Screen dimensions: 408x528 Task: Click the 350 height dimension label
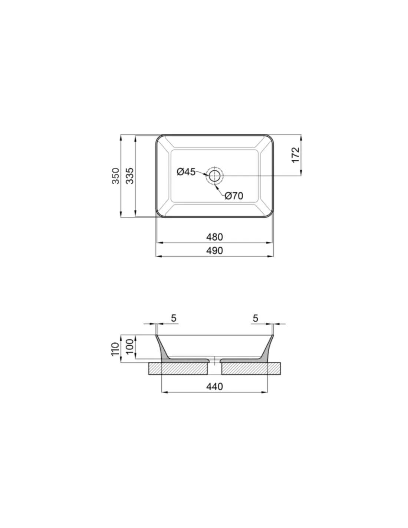115,176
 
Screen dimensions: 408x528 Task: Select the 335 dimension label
130,176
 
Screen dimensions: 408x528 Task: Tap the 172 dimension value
295,155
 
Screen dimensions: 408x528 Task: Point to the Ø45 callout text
186,172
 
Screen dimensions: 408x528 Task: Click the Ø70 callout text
234,196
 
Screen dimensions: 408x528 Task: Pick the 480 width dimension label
214,237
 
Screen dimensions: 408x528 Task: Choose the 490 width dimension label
214,251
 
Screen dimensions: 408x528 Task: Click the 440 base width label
214,386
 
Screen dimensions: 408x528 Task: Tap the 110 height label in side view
115,349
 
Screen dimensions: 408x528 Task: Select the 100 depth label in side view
130,346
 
